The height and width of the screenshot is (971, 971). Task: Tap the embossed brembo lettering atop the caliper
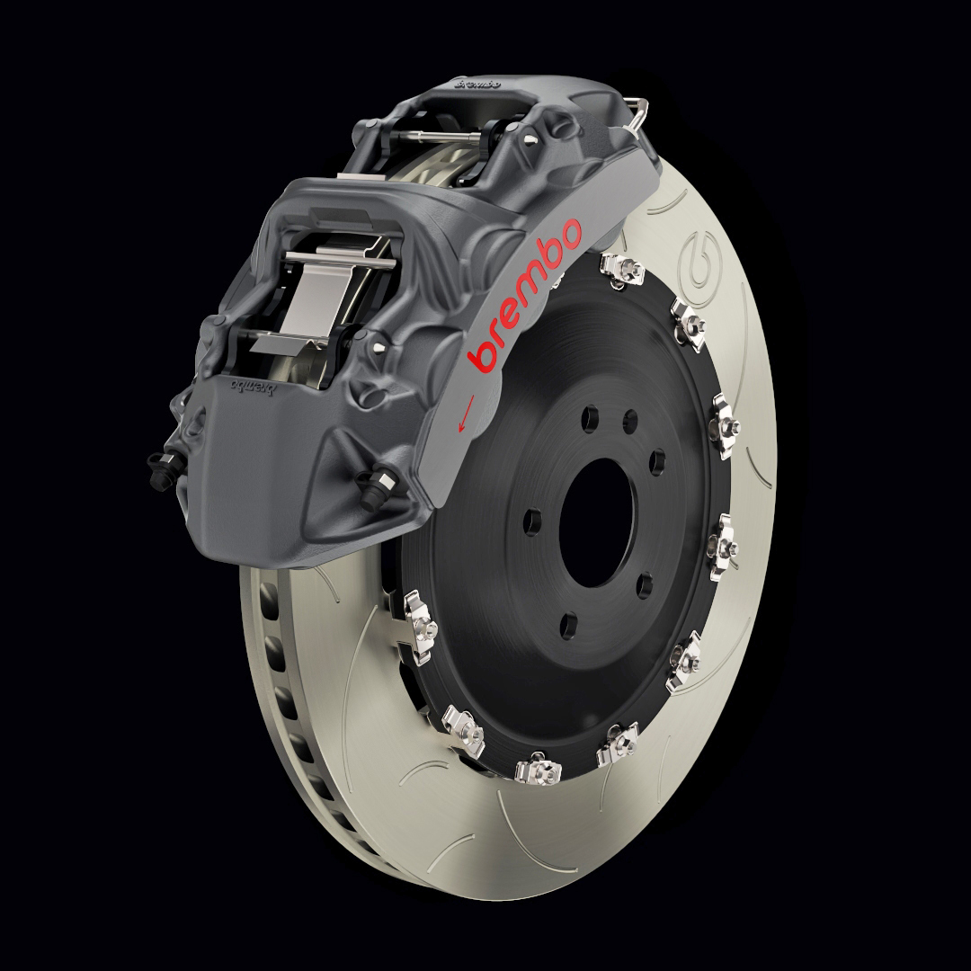click(477, 85)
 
